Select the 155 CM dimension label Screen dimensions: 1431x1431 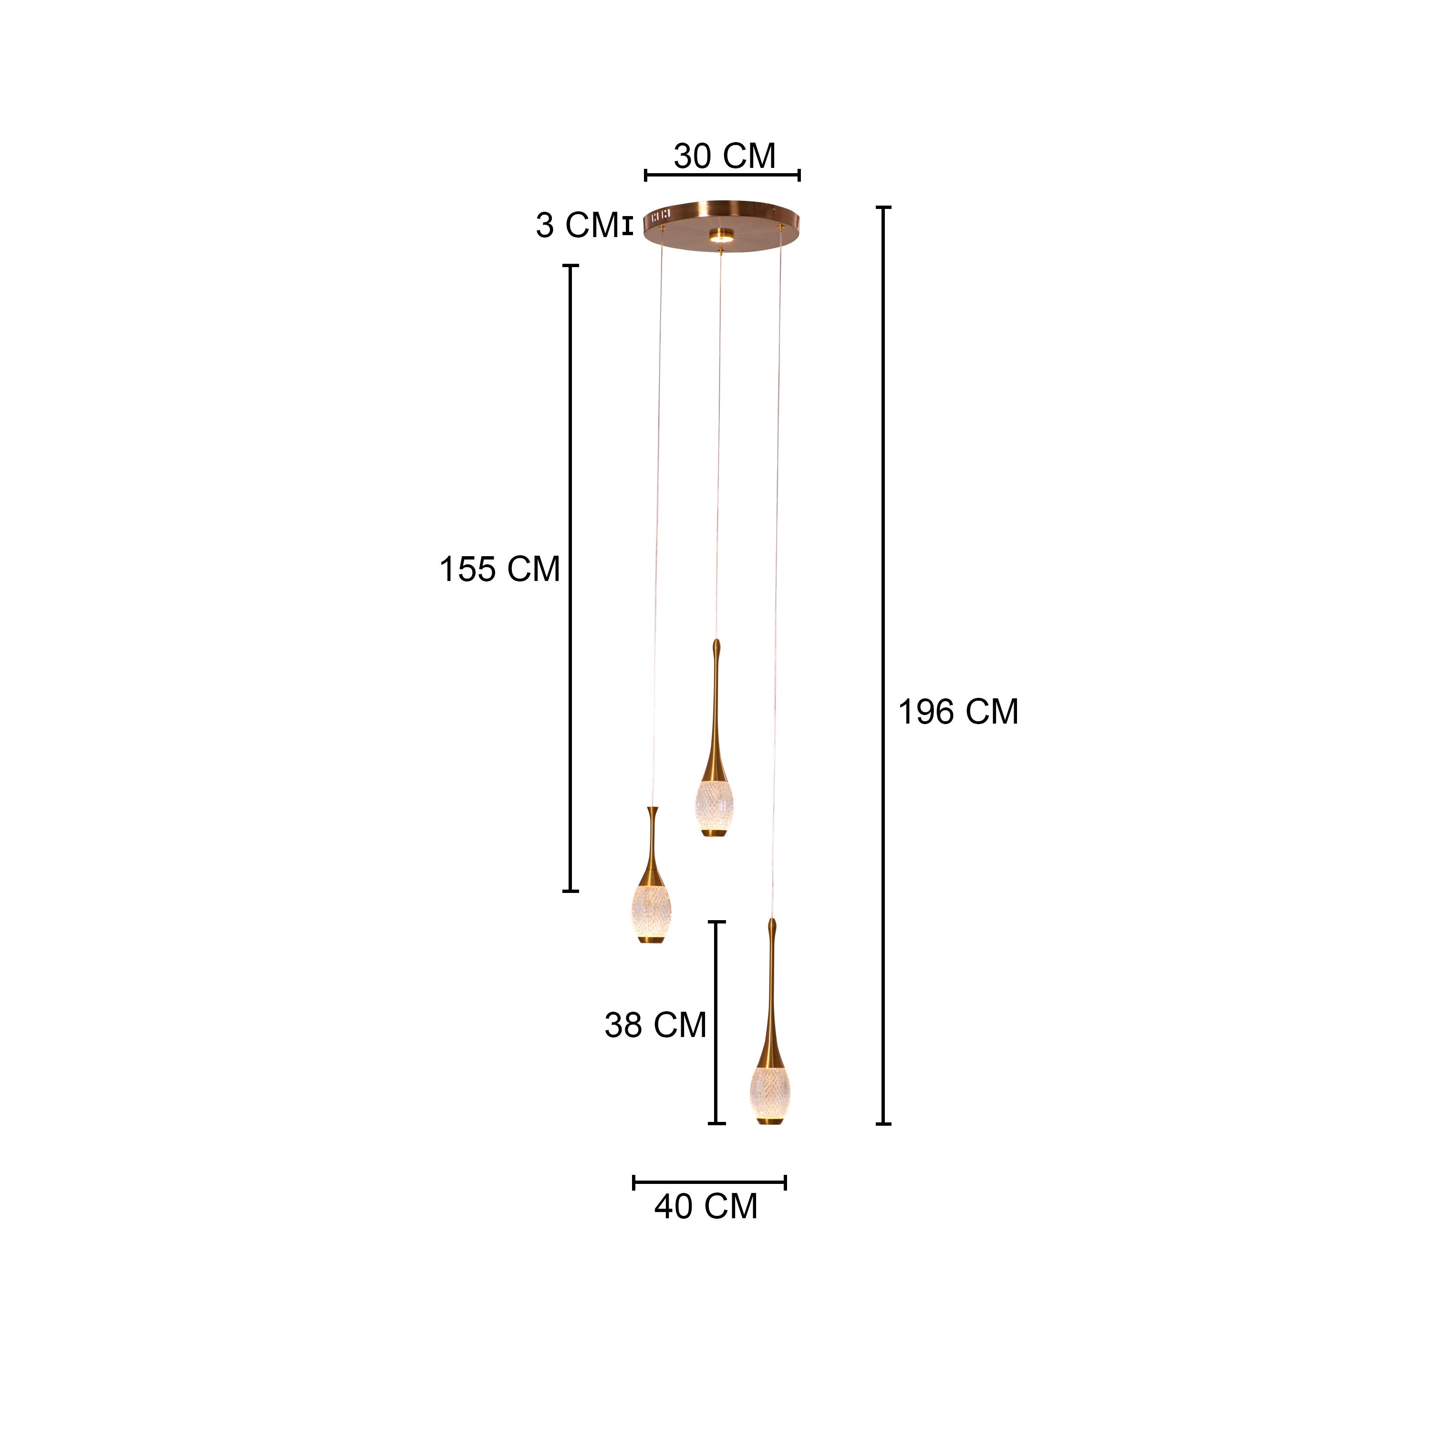pyautogui.click(x=499, y=570)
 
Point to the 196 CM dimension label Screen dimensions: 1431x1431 pyautogui.click(x=958, y=712)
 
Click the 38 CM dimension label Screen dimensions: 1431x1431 pyautogui.click(x=655, y=1025)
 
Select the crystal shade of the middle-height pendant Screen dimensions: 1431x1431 pyautogui.click(x=652, y=910)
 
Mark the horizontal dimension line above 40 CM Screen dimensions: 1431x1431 pyautogui.click(x=709, y=1182)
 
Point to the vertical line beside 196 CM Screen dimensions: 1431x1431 pyautogui.click(x=883, y=667)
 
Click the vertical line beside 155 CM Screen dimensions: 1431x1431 pyautogui.click(x=570, y=578)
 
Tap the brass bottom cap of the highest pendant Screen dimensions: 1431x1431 pyautogui.click(x=714, y=833)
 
